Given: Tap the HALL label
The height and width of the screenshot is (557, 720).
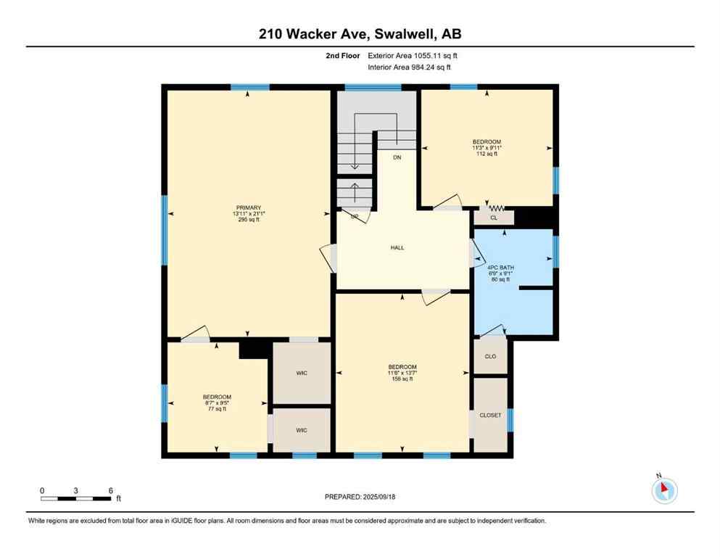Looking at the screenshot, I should [397, 248].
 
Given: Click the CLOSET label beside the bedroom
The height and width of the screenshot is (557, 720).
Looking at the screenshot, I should [490, 416].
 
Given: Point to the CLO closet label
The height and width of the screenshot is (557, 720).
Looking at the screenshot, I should [490, 356].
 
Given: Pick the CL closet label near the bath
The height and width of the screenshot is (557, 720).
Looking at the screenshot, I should [494, 217].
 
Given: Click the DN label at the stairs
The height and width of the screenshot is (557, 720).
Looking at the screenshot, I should [397, 157].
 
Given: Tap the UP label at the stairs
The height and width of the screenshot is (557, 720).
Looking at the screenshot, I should [355, 216].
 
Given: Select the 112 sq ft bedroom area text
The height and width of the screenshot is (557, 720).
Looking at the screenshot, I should [487, 154].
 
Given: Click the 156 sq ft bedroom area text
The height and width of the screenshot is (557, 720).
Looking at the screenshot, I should [402, 379].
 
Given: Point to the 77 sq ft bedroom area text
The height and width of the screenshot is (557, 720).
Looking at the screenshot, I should [217, 409].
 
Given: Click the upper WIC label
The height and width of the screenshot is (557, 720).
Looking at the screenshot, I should [302, 373].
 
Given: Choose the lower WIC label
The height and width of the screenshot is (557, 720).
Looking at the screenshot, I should [302, 430].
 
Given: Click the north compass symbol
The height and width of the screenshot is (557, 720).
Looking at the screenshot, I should [664, 490].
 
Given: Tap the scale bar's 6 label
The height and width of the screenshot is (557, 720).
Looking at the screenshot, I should [110, 490].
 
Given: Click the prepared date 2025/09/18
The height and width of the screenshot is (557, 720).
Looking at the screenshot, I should [360, 497].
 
